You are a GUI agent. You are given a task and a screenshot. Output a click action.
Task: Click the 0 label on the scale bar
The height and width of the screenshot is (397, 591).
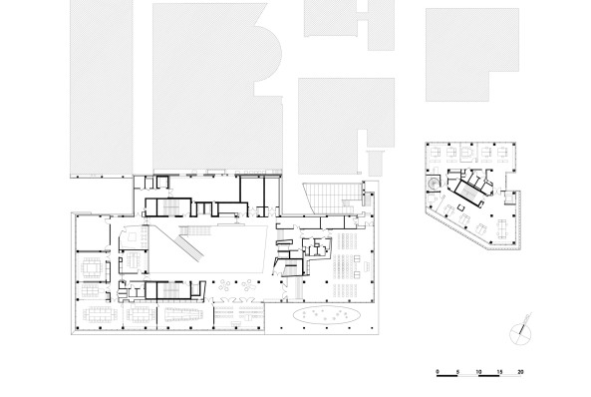[x=438, y=372]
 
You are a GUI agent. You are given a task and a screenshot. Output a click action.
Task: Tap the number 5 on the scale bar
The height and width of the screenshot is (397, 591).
[x=457, y=372]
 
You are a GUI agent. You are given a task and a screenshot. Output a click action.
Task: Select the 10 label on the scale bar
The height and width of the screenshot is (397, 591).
[x=478, y=372]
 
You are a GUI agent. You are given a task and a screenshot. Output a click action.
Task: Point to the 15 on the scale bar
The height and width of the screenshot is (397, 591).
[x=499, y=372]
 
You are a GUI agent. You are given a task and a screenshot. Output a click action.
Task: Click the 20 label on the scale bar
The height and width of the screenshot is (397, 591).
[x=520, y=372]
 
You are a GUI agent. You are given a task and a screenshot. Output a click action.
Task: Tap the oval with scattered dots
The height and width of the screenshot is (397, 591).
[x=327, y=315]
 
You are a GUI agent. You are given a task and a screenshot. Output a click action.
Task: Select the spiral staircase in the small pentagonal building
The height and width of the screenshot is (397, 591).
[x=434, y=184]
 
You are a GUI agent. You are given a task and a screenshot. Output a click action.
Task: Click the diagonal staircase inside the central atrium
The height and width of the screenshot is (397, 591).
[x=190, y=247]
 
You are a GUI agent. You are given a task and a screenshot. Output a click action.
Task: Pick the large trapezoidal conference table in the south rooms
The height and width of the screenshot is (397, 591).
[x=184, y=314]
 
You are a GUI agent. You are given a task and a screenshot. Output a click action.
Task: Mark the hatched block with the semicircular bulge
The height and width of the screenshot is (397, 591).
[x=217, y=87]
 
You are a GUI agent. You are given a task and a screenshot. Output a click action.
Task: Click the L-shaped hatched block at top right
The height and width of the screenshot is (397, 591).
[x=472, y=55]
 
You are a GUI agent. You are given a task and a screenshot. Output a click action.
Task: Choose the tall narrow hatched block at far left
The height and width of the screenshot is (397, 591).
[x=102, y=88]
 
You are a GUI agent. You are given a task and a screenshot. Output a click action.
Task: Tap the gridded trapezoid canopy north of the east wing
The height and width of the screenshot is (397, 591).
[x=332, y=198]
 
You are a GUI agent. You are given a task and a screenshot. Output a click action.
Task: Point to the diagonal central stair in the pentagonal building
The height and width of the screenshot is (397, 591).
[x=467, y=193]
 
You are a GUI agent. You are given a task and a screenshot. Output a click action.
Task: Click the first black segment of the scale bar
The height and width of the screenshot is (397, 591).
[x=447, y=376]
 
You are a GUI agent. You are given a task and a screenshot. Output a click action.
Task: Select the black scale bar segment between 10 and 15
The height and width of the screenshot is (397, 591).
[x=489, y=376]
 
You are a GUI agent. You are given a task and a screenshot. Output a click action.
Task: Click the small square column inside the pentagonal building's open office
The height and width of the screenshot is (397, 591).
[x=460, y=206]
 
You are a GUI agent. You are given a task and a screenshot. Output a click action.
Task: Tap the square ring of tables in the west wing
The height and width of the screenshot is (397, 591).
[x=92, y=266]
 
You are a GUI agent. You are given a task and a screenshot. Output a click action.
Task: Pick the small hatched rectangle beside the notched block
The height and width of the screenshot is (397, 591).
[x=376, y=163]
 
